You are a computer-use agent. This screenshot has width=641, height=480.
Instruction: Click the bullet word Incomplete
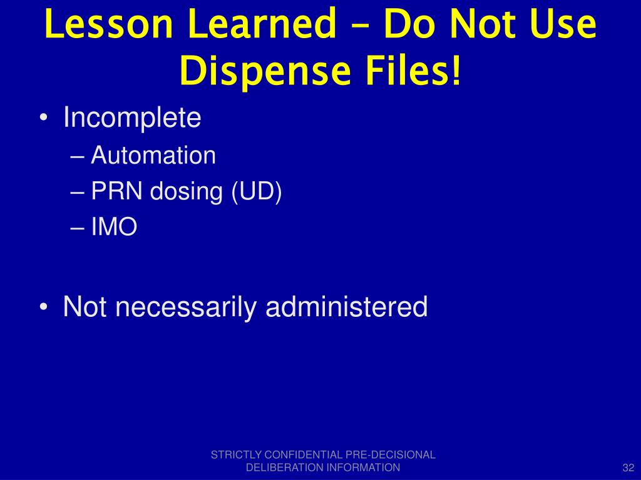click(132, 117)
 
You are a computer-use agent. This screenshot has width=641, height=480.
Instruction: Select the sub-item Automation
click(153, 156)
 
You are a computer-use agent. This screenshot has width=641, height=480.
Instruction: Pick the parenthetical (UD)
click(257, 192)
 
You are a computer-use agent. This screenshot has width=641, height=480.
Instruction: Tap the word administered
click(347, 306)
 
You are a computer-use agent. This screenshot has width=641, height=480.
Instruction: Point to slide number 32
click(628, 468)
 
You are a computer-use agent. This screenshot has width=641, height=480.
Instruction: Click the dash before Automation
click(78, 156)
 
